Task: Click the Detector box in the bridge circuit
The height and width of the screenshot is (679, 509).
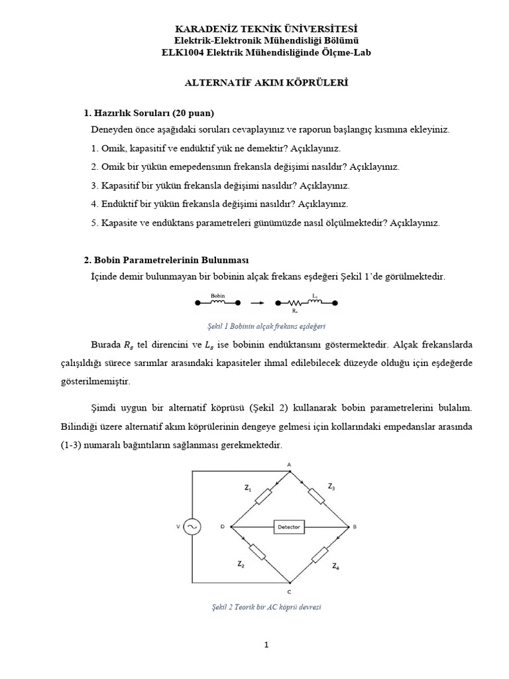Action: pos(288,527)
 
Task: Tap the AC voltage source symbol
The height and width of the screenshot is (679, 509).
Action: pos(192,527)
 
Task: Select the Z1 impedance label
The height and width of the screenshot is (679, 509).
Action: pos(248,488)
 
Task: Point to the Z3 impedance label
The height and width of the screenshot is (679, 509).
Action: pos(331,487)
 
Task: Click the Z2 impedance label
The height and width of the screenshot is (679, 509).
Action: pos(241,564)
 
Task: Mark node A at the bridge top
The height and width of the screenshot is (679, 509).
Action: pos(289,463)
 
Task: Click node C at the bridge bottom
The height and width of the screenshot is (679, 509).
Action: pos(289,591)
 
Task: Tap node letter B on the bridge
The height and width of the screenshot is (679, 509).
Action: pos(355,527)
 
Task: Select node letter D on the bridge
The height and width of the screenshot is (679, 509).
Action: pos(223,527)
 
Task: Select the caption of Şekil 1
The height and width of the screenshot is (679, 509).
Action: pos(266,326)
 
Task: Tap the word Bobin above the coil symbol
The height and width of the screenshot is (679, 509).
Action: pos(218,295)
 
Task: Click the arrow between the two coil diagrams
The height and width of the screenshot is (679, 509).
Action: pos(259,303)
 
